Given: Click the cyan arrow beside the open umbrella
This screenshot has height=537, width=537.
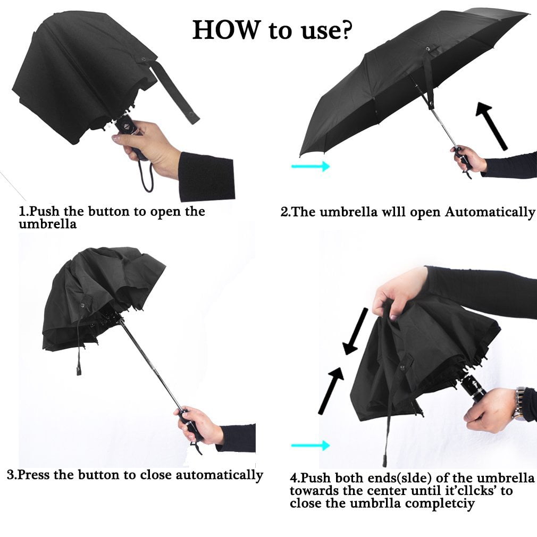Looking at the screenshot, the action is [311, 166].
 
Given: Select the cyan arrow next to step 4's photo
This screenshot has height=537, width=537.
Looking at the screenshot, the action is [311, 446].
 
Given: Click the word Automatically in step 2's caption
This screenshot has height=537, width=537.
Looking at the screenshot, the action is [490, 212].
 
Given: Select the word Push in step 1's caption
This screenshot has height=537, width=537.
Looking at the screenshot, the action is [44, 211].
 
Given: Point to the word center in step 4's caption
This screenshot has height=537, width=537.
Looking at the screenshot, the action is [388, 491].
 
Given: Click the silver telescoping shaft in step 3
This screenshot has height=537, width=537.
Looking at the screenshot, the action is [150, 364].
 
